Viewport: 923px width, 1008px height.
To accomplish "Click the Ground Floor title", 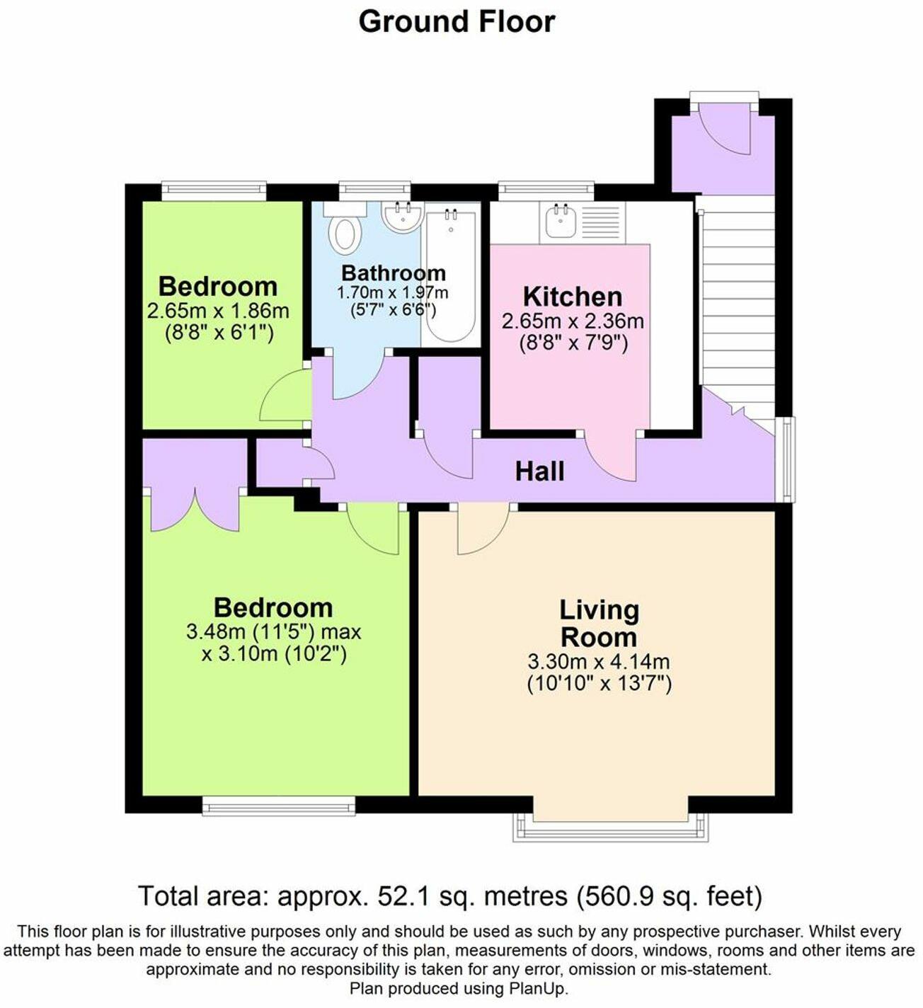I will click(x=457, y=21).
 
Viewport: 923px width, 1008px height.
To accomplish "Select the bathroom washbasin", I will click(x=403, y=216).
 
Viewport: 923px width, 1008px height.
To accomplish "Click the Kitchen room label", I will click(x=572, y=296).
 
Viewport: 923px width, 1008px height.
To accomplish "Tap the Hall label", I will click(x=539, y=471).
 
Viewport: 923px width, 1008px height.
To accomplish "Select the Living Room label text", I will click(x=599, y=623).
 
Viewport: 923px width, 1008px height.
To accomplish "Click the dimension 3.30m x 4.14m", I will click(x=599, y=663).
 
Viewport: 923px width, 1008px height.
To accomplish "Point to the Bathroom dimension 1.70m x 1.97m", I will click(x=392, y=292).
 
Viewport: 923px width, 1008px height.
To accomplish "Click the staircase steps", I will click(x=736, y=297).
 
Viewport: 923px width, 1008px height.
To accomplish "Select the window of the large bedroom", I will click(x=278, y=806).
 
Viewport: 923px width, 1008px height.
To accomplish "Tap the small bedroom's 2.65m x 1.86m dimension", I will click(x=218, y=311).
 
